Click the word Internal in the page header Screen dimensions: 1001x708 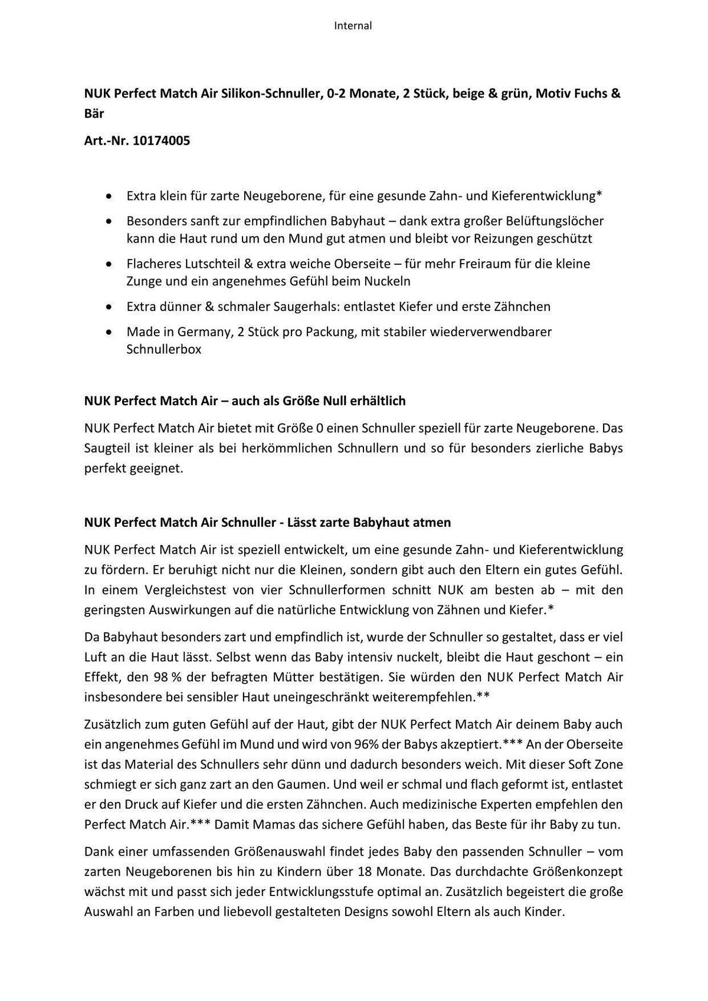(353, 25)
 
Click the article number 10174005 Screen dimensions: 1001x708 (161, 141)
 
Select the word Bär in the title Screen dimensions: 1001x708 (94, 113)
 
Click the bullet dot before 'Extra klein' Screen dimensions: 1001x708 (108, 196)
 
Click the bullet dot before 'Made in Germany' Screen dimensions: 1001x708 (108, 332)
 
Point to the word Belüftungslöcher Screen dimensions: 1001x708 (552, 221)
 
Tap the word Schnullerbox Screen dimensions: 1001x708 (164, 349)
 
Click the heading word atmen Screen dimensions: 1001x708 (432, 523)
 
